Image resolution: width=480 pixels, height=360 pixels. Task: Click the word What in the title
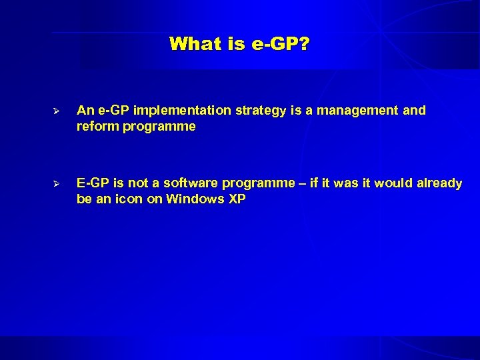tap(193, 45)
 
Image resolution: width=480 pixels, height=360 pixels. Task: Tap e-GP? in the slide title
tap(282, 45)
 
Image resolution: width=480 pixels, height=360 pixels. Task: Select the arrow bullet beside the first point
tap(57, 111)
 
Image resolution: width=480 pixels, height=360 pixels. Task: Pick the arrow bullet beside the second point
tap(57, 183)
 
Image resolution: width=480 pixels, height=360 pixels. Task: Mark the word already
tap(438, 183)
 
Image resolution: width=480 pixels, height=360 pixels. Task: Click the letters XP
tap(237, 199)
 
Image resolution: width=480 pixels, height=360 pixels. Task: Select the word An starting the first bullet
tap(85, 111)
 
